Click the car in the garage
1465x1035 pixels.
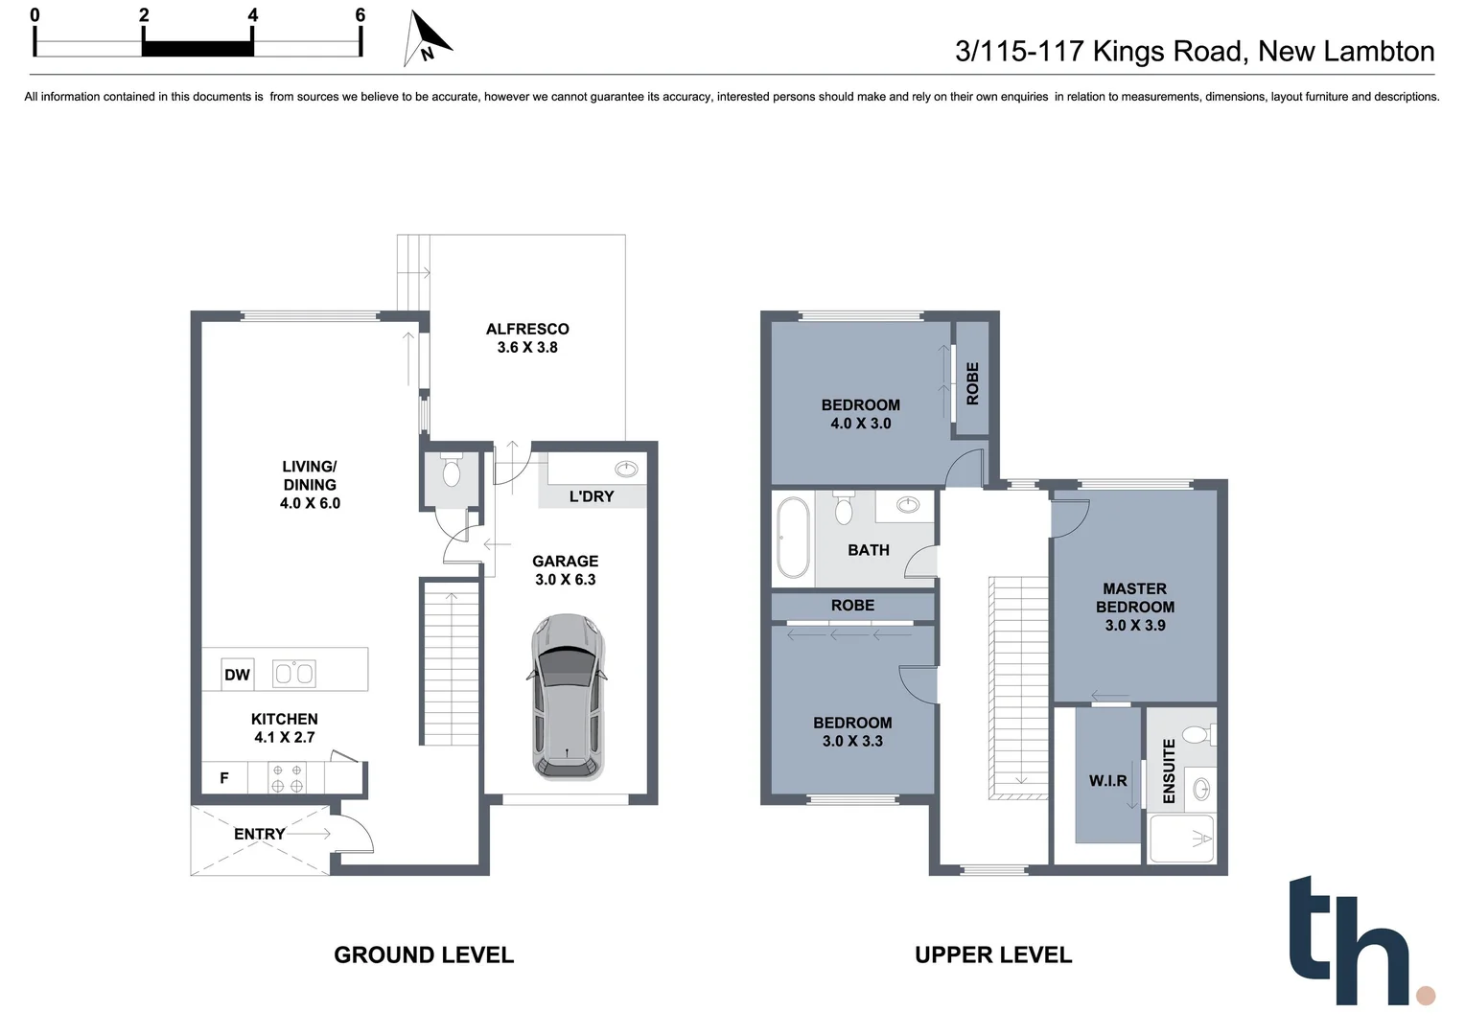point(567,696)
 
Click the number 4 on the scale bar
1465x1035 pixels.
point(252,15)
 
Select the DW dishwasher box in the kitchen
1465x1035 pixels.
point(237,675)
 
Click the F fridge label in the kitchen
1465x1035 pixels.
point(224,778)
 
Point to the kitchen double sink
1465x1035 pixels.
point(294,674)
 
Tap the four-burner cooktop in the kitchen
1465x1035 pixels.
point(287,778)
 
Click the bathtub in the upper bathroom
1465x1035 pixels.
point(793,538)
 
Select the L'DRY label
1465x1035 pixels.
point(592,496)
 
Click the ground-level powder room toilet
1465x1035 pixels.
point(451,471)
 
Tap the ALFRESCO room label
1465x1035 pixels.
point(527,329)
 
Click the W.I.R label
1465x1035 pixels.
point(1107,781)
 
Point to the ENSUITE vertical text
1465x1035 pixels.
point(1169,770)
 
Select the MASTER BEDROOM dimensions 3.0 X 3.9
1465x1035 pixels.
point(1135,626)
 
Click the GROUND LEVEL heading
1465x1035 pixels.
point(424,954)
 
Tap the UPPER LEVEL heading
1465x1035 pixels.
point(993,954)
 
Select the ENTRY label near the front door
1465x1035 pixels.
point(259,834)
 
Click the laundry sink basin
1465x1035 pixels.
point(626,469)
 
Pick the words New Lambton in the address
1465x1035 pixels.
point(1346,51)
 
